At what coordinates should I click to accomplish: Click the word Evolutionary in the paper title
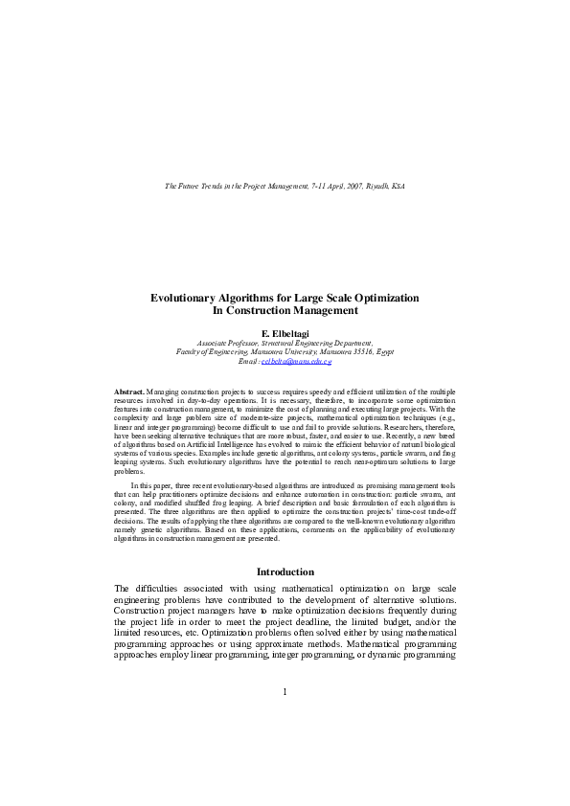coord(187,298)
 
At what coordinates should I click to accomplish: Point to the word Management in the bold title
coord(325,311)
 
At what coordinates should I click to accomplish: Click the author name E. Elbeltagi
coord(285,333)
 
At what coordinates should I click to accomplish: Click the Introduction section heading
coord(285,571)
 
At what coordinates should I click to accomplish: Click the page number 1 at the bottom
coord(285,690)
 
